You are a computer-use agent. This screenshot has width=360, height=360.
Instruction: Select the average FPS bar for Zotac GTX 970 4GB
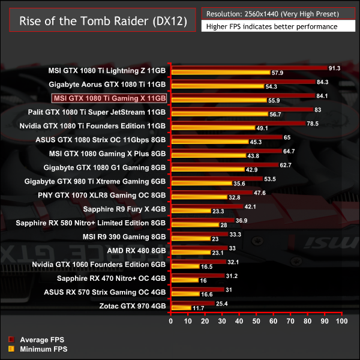pyautogui.click(x=193, y=304)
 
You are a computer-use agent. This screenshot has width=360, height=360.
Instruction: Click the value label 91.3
pyautogui.click(x=335, y=68)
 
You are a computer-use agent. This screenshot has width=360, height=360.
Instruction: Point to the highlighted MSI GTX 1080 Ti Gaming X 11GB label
pyautogui.click(x=109, y=98)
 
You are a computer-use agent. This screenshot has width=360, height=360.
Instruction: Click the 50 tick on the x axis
pyautogui.click(x=257, y=321)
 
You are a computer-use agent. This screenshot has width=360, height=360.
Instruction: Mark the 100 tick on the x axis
pyautogui.click(x=341, y=321)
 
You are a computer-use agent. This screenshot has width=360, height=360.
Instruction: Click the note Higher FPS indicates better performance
pyautogui.click(x=271, y=26)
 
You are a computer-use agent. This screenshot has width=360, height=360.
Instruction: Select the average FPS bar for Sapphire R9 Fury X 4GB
pyautogui.click(x=207, y=207)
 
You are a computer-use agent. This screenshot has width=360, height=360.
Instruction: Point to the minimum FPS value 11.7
pyautogui.click(x=199, y=308)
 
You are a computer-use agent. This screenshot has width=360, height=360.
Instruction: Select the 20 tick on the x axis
pyautogui.click(x=206, y=321)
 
